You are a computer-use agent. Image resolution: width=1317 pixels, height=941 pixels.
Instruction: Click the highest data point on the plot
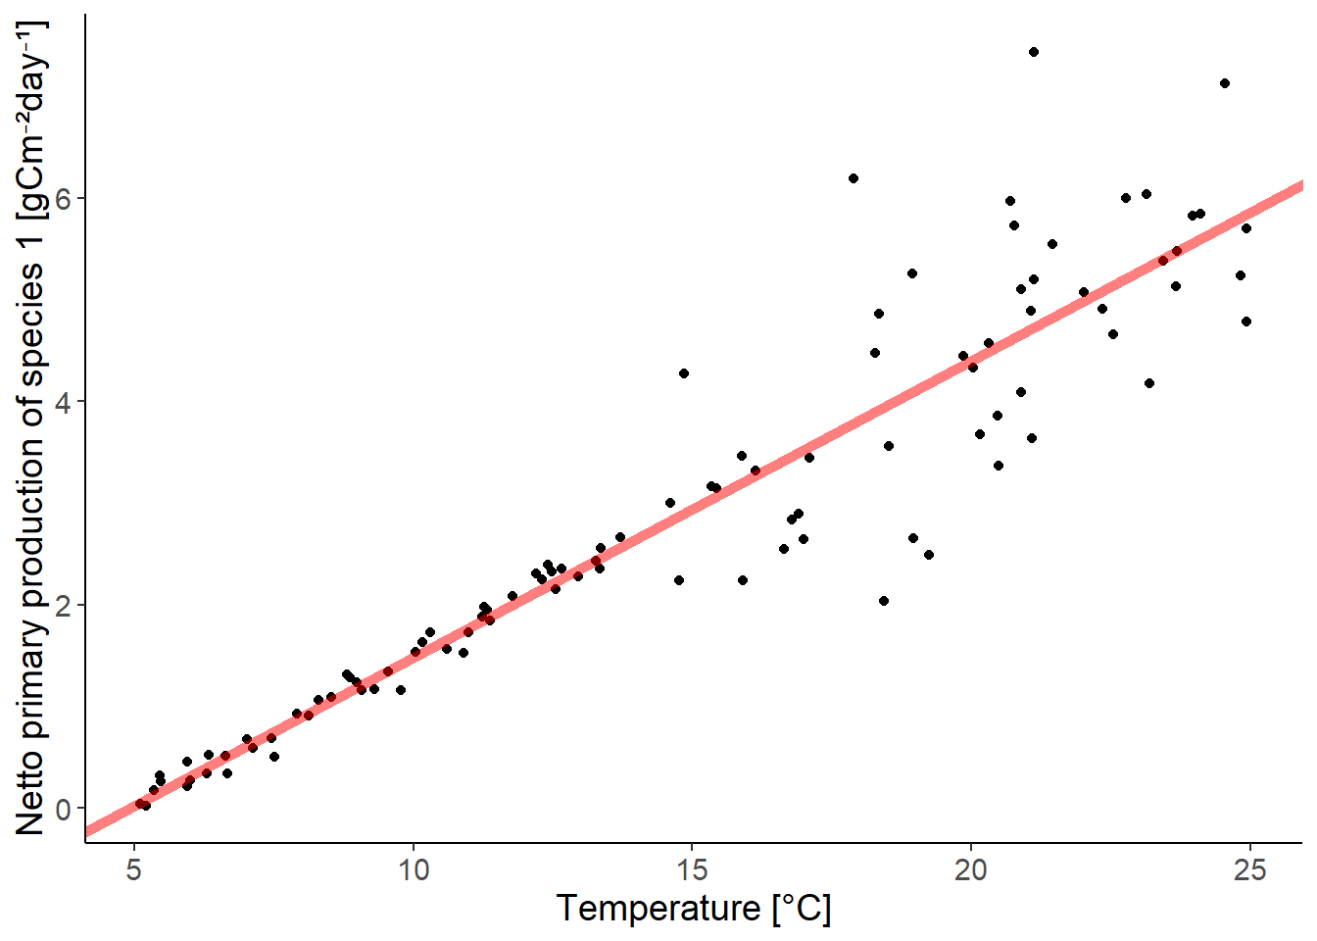[1033, 52]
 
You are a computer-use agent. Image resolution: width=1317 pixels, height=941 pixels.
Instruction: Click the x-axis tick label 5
[134, 870]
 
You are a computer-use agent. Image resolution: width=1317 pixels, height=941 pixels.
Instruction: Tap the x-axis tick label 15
[692, 870]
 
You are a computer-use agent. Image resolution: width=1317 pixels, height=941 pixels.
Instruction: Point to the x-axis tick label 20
[971, 870]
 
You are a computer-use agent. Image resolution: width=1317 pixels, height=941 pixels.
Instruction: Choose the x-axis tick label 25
[1249, 870]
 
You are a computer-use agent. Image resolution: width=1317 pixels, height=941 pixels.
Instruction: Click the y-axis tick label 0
[65, 810]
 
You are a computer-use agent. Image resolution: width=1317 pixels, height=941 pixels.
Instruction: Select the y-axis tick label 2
[65, 606]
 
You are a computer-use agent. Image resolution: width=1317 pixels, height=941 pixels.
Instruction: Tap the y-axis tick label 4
[65, 402]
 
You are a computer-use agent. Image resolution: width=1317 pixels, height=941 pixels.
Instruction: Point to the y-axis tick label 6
[65, 198]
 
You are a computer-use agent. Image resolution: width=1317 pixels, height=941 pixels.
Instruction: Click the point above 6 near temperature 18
[854, 178]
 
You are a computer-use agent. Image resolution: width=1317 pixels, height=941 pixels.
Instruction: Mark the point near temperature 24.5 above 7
[1225, 83]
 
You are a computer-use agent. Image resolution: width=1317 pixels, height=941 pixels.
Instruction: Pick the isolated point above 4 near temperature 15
[684, 373]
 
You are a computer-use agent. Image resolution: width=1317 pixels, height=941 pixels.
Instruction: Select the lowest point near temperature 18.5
[884, 601]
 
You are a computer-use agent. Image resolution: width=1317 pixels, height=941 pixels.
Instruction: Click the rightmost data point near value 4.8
[1246, 322]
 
